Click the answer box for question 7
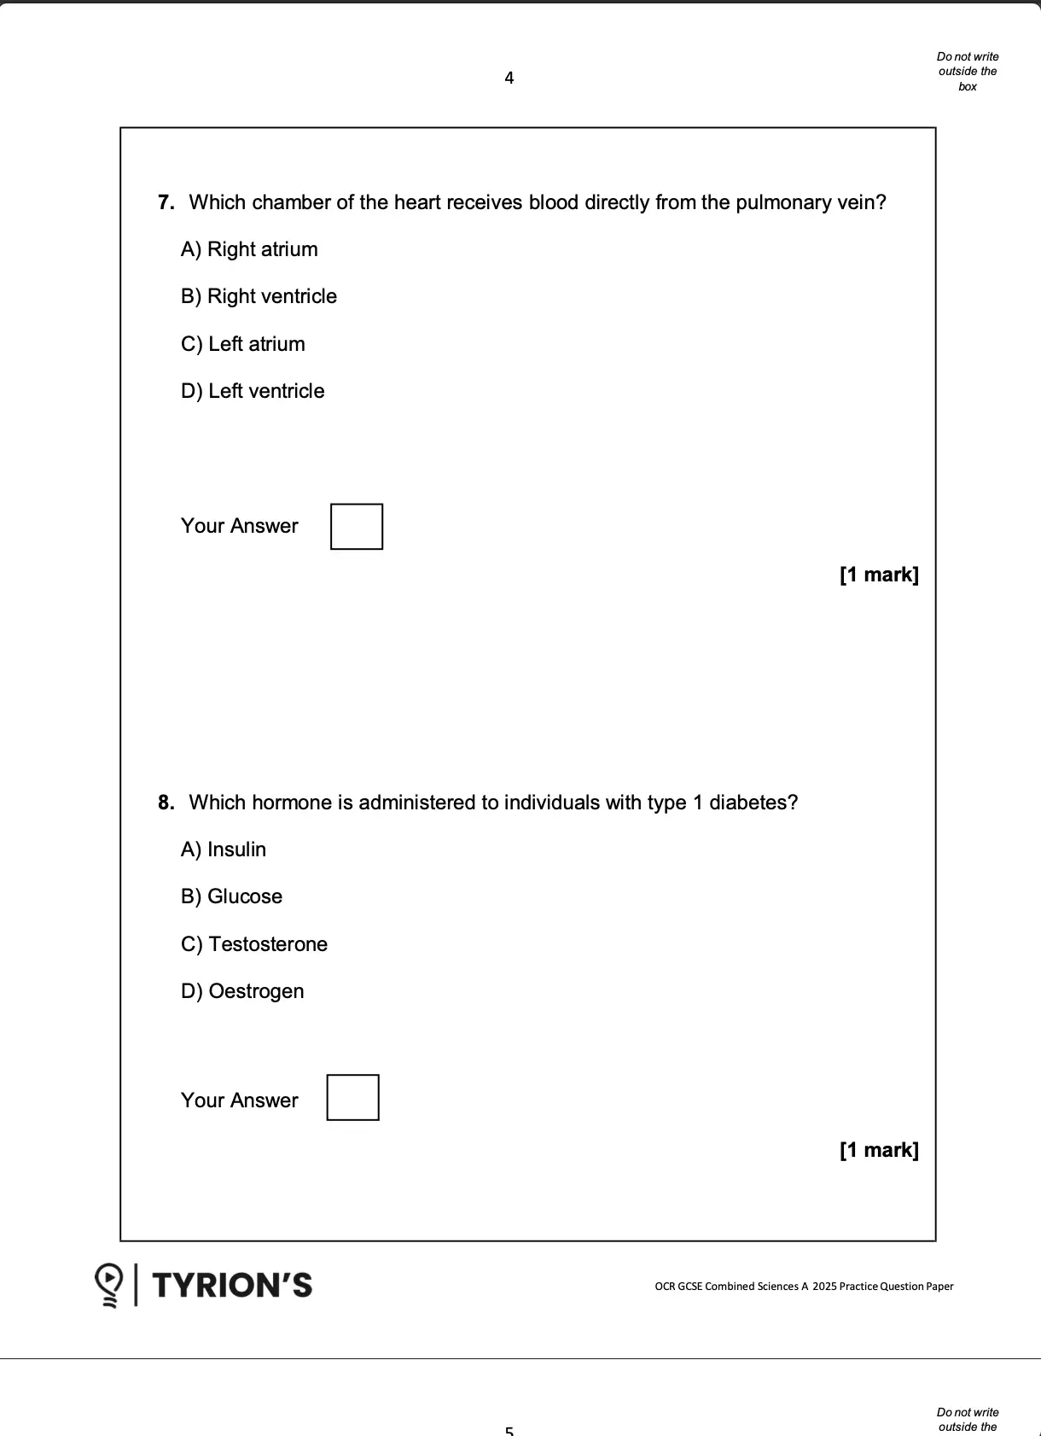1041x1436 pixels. point(357,527)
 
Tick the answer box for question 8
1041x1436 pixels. point(353,1098)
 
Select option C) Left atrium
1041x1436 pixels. point(243,344)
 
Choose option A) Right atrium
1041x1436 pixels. point(249,249)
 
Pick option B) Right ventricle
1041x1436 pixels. point(259,296)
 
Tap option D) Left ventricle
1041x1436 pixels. point(253,391)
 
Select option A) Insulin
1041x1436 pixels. point(224,849)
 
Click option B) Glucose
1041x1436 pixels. point(231,896)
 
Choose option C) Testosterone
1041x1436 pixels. point(254,944)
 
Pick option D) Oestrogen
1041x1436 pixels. point(242,991)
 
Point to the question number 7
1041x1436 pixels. point(166,202)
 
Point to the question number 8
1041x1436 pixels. point(166,803)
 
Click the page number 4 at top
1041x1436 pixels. point(509,79)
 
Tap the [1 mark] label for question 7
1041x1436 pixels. point(879,575)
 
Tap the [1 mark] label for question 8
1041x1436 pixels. point(879,1150)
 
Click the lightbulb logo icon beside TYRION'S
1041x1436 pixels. point(109,1285)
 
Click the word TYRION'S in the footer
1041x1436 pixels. point(232,1285)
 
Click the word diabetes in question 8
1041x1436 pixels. point(749,803)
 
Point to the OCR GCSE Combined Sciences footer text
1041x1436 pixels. point(804,1287)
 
